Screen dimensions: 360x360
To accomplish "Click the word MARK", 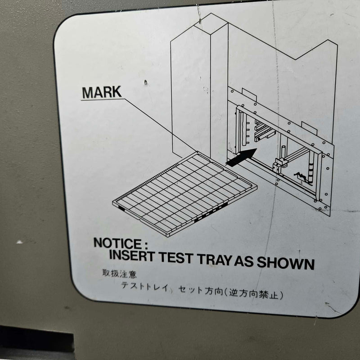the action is [x=102, y=92].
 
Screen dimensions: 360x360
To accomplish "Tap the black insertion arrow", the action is [x=241, y=157].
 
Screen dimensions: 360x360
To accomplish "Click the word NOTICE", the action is [x=117, y=243].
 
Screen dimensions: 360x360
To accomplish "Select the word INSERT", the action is [x=131, y=255].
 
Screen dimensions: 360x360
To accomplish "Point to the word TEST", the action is [x=175, y=257].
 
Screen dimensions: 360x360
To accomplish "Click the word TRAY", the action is [x=215, y=260].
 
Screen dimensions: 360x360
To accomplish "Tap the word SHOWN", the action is [x=285, y=263].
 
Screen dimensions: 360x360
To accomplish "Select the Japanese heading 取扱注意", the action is [x=119, y=274].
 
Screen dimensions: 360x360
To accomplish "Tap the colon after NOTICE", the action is [x=146, y=246].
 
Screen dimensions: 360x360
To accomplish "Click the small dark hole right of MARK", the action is [x=145, y=82].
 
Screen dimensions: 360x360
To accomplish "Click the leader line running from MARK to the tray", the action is [x=161, y=125].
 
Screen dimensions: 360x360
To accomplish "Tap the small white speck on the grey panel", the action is [x=19, y=242].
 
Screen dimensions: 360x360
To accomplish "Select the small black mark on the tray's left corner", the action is [x=121, y=208].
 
